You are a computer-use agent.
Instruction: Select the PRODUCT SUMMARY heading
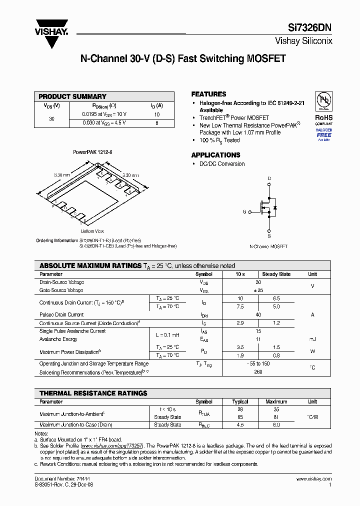[72, 96]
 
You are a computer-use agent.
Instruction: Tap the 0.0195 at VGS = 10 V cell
[104, 114]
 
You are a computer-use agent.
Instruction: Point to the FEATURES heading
[208, 94]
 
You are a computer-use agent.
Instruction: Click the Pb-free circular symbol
[323, 99]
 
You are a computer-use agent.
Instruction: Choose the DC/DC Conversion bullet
[222, 164]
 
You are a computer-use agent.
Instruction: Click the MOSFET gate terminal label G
[244, 211]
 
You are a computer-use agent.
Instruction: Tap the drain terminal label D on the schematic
[269, 178]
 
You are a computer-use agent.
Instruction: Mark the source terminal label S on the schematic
[269, 235]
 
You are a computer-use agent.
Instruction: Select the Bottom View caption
[92, 231]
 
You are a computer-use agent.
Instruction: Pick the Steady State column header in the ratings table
[276, 274]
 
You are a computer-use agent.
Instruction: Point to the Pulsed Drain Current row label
[61, 314]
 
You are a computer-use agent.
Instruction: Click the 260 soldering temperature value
[258, 372]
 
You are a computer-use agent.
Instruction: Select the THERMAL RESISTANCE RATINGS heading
[93, 393]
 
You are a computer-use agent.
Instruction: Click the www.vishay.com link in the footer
[313, 478]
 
